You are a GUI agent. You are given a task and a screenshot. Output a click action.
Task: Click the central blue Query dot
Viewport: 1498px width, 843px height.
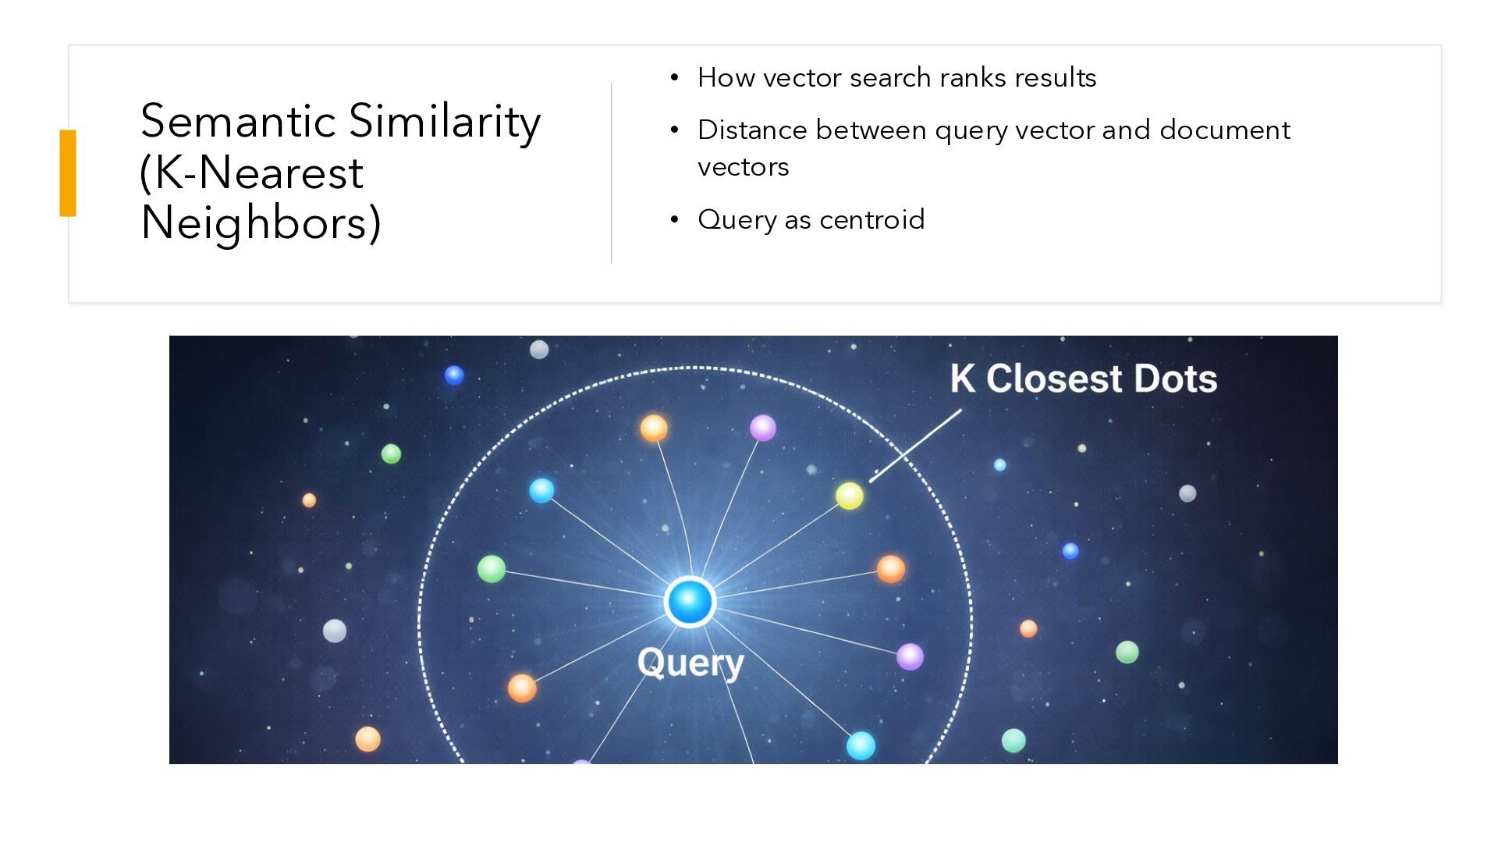pos(690,602)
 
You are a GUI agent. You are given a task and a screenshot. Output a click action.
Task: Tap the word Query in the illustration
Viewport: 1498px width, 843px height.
pos(690,663)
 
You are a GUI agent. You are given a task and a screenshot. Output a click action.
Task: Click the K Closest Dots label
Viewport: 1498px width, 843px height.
pos(1083,379)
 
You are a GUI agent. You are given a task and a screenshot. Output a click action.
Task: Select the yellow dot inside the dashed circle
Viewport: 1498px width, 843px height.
pos(850,496)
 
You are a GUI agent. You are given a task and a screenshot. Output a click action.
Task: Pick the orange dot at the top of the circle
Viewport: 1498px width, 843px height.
pos(654,428)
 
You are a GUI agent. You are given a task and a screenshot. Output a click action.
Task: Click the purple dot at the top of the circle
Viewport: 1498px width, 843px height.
pos(763,428)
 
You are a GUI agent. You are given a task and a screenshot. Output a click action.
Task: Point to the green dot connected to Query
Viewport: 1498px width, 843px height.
pos(492,568)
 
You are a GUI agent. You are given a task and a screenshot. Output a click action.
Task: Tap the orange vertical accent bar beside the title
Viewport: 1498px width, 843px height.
pos(68,173)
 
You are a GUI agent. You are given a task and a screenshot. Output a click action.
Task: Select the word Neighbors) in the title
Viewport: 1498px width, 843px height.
pos(261,222)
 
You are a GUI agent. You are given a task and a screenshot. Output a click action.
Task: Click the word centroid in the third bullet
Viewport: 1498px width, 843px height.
pos(871,219)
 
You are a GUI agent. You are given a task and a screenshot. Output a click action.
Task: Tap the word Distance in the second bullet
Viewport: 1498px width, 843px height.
pos(751,130)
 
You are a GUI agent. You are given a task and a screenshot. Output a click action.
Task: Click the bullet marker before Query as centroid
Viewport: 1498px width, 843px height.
pos(675,219)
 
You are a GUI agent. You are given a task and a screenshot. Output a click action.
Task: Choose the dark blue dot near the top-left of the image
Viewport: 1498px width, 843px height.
pos(454,375)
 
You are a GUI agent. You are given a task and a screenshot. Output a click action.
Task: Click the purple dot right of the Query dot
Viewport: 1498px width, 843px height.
pos(910,656)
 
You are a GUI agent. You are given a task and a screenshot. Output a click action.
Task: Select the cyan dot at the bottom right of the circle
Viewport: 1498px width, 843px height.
pos(861,745)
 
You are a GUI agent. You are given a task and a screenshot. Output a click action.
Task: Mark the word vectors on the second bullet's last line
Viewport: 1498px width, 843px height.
pos(743,167)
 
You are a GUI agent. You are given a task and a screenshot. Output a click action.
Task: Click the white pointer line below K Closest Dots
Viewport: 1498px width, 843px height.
pos(916,446)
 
